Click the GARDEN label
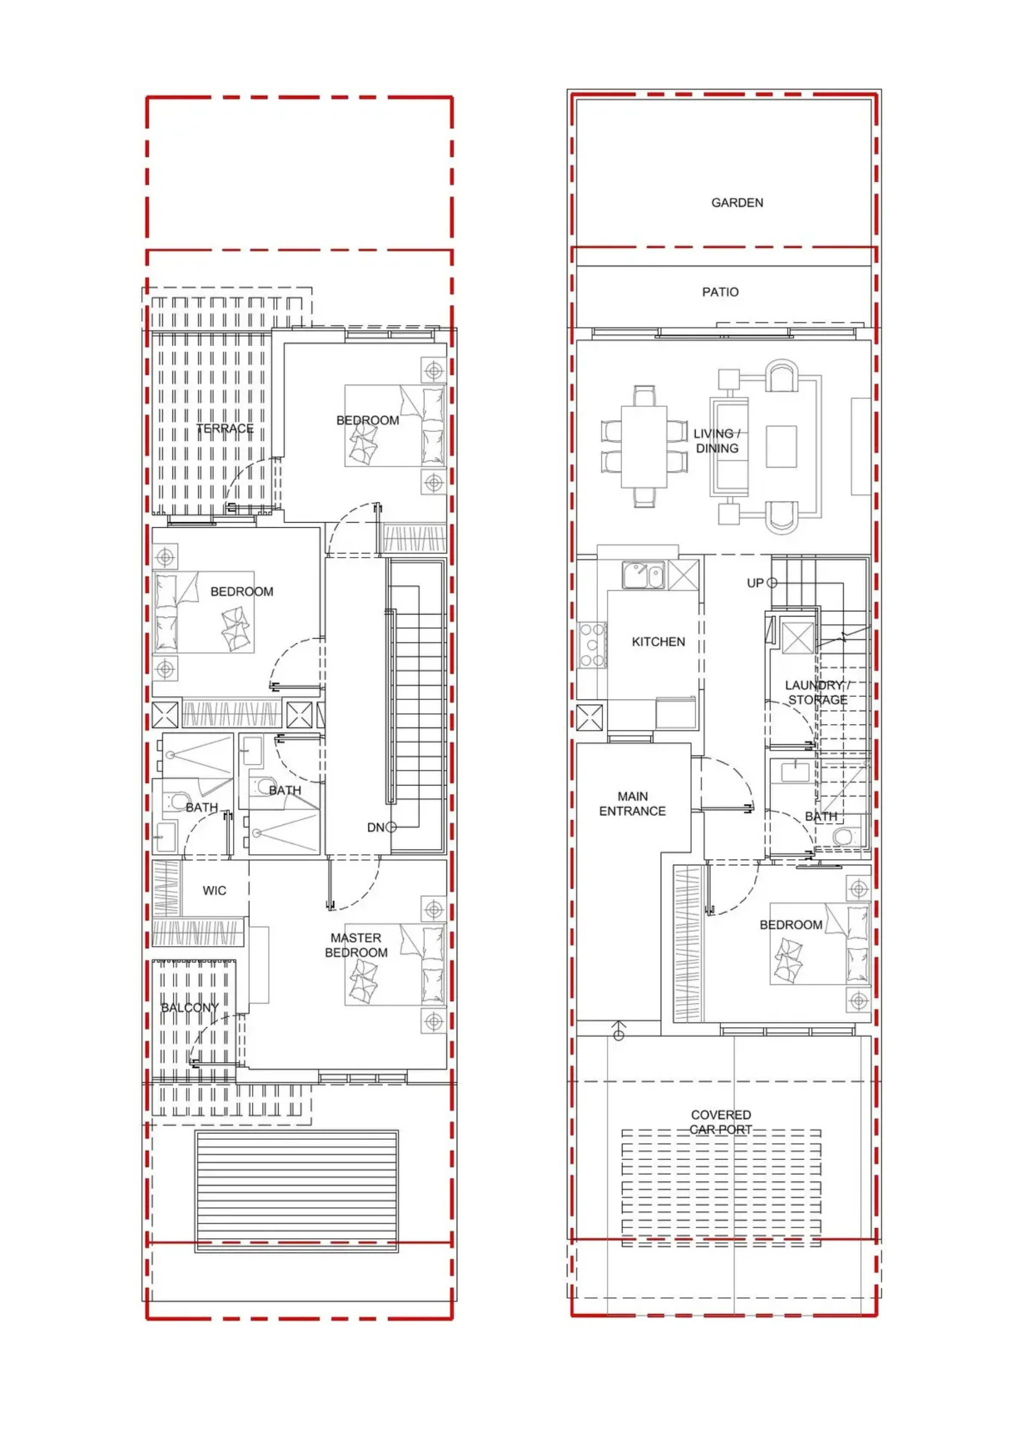pos(737,203)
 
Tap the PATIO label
pos(720,292)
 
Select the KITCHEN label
pos(658,642)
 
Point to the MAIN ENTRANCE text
pos(632,804)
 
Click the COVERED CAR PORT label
pos(720,1122)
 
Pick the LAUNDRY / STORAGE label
pos(817,692)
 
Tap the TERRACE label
pos(225,429)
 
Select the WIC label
pos(214,891)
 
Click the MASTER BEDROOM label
pos(356,945)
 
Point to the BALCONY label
pos(190,1008)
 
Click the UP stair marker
pos(761,583)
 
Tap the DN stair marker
pos(382,827)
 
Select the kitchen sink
pos(643,575)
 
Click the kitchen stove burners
pos(593,644)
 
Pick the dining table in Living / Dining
pos(644,446)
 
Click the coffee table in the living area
pos(781,446)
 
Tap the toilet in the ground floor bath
pos(843,836)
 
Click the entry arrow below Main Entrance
pos(619,1030)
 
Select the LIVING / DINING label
pos(716,441)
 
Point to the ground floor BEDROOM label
pos(791,925)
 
